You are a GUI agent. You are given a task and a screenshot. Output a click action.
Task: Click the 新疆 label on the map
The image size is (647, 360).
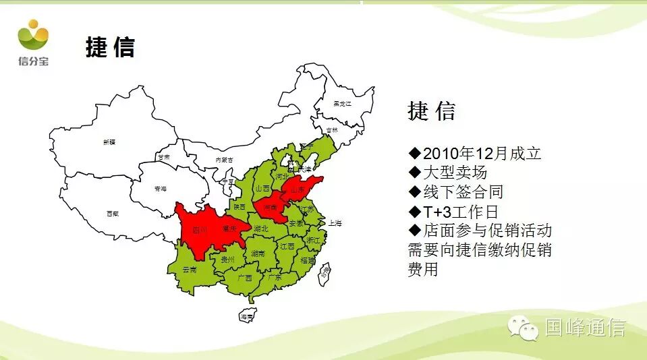pyautogui.click(x=109, y=142)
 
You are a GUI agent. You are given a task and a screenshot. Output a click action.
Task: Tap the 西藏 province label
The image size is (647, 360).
pyautogui.click(x=112, y=214)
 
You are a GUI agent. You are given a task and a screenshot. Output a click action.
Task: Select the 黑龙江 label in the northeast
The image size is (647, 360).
pyautogui.click(x=343, y=103)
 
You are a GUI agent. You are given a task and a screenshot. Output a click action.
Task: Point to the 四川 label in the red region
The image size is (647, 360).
pyautogui.click(x=199, y=230)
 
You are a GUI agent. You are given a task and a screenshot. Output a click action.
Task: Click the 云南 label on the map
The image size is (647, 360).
pyautogui.click(x=190, y=269)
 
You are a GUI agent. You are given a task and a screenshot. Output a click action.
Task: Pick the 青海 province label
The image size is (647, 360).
pyautogui.click(x=161, y=189)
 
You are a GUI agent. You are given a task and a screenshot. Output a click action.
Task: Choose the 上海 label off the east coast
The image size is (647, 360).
pyautogui.click(x=335, y=222)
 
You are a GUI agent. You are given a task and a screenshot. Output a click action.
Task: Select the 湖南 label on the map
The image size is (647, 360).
pyautogui.click(x=257, y=254)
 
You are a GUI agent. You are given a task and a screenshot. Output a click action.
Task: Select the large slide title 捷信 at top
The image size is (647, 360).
pyautogui.click(x=110, y=47)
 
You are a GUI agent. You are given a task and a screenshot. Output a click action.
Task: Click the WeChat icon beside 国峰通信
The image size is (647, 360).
pyautogui.click(x=524, y=327)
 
